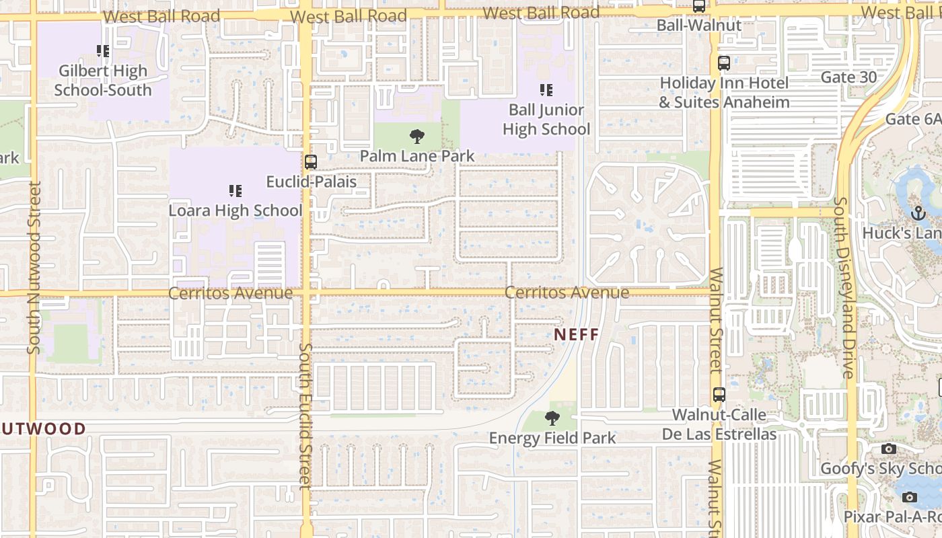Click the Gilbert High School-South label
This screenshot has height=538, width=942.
pyautogui.click(x=103, y=80)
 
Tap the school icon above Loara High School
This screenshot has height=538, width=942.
pyautogui.click(x=235, y=191)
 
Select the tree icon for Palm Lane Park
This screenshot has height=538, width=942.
pyautogui.click(x=417, y=137)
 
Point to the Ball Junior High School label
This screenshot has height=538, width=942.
pyautogui.click(x=546, y=119)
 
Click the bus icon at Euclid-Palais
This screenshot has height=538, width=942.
pyautogui.click(x=310, y=162)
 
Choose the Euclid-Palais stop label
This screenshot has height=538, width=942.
pyautogui.click(x=312, y=182)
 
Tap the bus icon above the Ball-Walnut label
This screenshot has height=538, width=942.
pyautogui.click(x=699, y=7)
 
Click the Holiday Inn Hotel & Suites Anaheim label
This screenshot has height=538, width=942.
pyautogui.click(x=724, y=93)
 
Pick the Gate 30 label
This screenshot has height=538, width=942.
pyautogui.click(x=848, y=77)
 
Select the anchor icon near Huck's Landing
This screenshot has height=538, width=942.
pyautogui.click(x=918, y=214)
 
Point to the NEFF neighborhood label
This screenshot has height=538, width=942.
pyautogui.click(x=577, y=334)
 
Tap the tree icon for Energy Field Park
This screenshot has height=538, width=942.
pyautogui.click(x=552, y=418)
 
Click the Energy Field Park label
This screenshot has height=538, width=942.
pyautogui.click(x=552, y=438)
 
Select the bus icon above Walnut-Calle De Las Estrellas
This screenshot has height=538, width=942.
pyautogui.click(x=719, y=395)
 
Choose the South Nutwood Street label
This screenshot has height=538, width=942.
pyautogui.click(x=34, y=268)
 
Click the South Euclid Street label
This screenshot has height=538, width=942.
pyautogui.click(x=305, y=416)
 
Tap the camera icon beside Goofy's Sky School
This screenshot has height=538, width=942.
pyautogui.click(x=889, y=449)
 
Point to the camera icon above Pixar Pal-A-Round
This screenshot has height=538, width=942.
pyautogui.click(x=910, y=497)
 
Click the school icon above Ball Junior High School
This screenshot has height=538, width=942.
pyautogui.click(x=546, y=89)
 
